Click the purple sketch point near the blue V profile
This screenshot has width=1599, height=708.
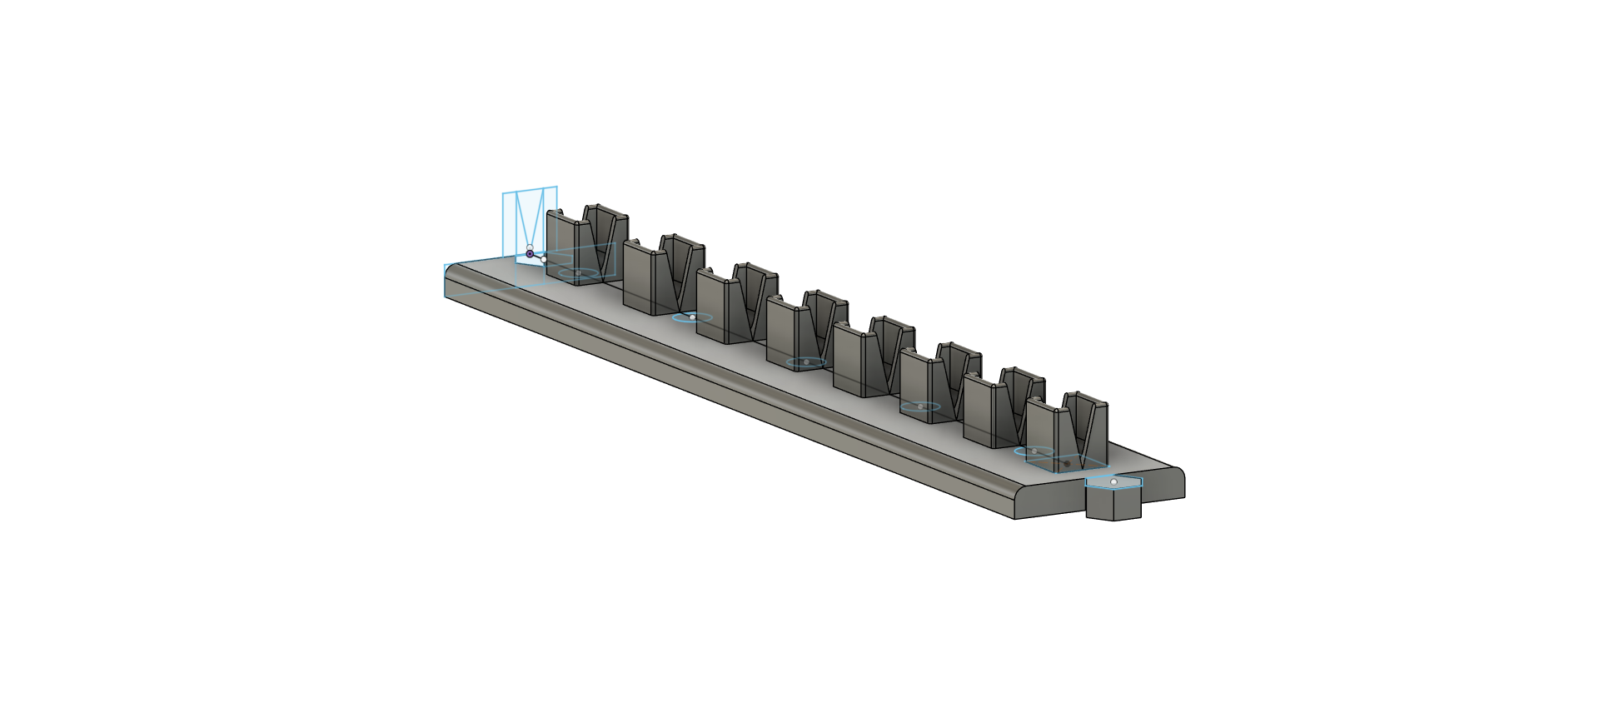(x=530, y=253)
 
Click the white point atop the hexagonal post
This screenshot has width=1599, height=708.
(x=1113, y=481)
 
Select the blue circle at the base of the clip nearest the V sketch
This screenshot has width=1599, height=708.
(x=578, y=273)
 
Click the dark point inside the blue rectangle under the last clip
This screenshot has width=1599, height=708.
(x=1067, y=463)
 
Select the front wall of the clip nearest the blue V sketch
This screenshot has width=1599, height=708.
(x=560, y=247)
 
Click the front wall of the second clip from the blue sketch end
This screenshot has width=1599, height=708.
(x=637, y=277)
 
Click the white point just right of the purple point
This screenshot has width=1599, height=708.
(x=544, y=259)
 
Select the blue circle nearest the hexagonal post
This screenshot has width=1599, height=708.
(x=1034, y=451)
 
